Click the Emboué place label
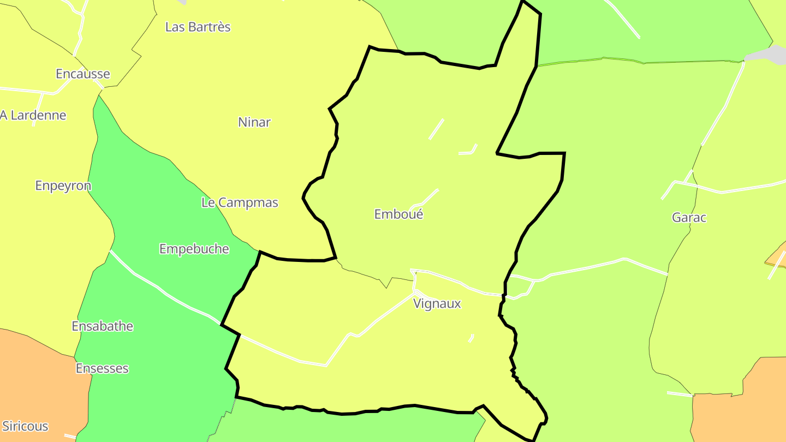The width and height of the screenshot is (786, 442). tap(398, 214)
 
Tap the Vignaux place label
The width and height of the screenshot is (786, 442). tap(437, 304)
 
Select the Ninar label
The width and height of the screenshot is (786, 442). tap(254, 122)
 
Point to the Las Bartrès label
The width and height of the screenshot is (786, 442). tap(198, 27)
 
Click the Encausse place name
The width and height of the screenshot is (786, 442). tap(83, 74)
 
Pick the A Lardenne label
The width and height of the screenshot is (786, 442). tap(33, 115)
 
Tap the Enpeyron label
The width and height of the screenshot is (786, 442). tap(63, 186)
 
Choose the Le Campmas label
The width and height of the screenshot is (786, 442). tap(240, 203)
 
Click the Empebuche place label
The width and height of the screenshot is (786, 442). tap(194, 249)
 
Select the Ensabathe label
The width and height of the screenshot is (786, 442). tap(103, 326)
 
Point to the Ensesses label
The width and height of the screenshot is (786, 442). tap(102, 368)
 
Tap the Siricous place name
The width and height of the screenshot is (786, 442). tap(25, 426)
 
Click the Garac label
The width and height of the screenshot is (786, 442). tap(689, 218)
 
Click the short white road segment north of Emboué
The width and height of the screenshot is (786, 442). tap(436, 129)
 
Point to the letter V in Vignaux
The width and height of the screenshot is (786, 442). tap(418, 304)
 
